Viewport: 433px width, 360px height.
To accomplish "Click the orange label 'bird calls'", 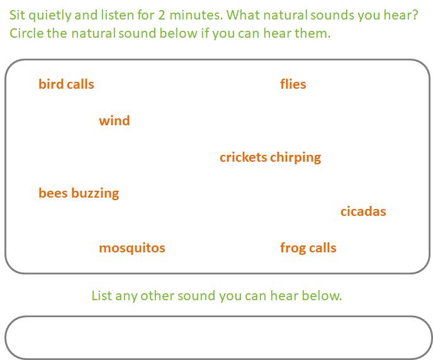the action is [66, 84].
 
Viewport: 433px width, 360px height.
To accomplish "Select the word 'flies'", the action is [293, 84].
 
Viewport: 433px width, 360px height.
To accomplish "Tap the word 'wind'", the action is [115, 121].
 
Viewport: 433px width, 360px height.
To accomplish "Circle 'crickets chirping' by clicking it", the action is [271, 157].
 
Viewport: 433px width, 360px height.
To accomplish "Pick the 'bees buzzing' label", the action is [79, 193].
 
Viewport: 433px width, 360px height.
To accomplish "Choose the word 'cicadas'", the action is [363, 211].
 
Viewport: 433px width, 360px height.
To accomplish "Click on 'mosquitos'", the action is [132, 248].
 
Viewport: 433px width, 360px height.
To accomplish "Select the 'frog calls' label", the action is [308, 248].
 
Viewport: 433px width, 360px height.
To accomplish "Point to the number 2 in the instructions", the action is [162, 15].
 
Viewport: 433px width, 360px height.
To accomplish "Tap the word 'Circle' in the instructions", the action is [26, 33].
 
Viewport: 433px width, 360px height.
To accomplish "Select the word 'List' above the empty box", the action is [101, 296].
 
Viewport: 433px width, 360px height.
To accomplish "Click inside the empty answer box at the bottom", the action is [218, 337].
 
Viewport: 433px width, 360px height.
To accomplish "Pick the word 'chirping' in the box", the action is [295, 157].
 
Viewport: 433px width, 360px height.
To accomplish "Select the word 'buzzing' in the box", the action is [95, 193].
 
